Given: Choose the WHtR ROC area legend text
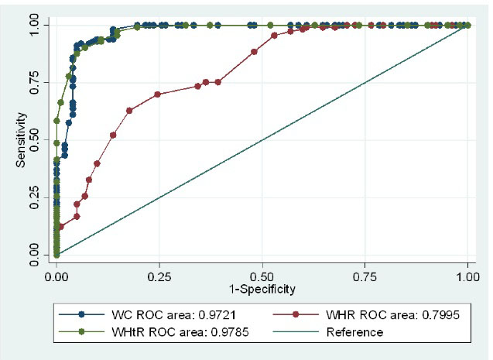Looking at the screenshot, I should point(159,332).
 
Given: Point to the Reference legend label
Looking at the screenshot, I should point(354,332).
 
